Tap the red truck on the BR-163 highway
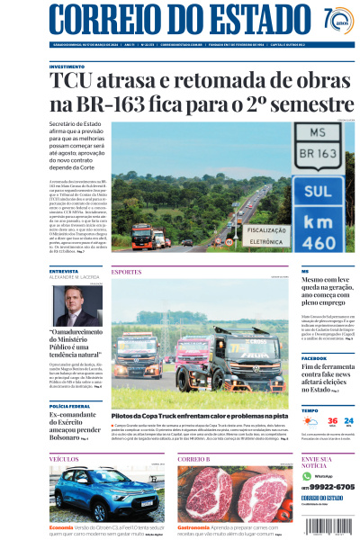[141, 237]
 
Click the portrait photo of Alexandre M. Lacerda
[76, 305]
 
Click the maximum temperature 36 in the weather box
[332, 420]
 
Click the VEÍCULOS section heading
[64, 458]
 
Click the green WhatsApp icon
[307, 474]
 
